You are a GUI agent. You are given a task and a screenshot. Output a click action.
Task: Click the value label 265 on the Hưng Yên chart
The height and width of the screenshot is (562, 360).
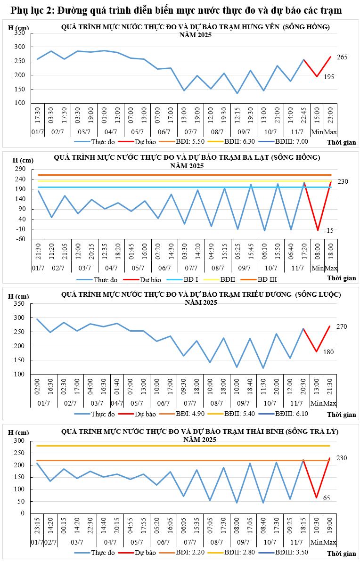(342, 57)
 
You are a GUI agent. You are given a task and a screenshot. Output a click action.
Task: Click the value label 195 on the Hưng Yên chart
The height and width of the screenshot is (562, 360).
(329, 76)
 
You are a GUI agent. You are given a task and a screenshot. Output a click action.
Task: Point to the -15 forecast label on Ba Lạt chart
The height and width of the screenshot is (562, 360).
(329, 230)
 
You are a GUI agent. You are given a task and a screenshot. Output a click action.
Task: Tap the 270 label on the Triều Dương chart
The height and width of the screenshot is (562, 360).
(342, 326)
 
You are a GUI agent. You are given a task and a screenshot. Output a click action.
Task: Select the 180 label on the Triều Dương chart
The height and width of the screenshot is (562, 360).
(329, 352)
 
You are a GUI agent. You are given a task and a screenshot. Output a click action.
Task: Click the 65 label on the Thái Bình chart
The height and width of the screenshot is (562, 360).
(327, 498)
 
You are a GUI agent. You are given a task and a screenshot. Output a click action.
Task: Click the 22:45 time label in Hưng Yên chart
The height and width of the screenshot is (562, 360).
(304, 115)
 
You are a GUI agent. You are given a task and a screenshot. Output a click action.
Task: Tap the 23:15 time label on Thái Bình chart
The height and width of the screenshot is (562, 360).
(37, 526)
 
